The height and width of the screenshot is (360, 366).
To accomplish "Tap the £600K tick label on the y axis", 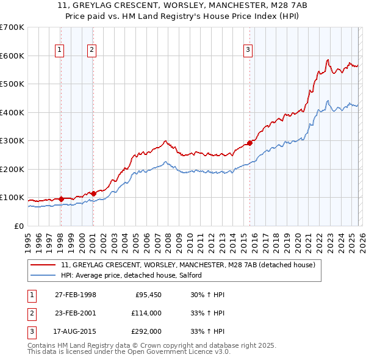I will (x=12, y=56).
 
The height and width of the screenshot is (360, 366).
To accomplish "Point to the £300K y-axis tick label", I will (x=12, y=140).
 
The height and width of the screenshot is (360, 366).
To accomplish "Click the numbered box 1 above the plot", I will (x=60, y=51).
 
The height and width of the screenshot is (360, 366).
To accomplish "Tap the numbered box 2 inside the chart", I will (x=92, y=51).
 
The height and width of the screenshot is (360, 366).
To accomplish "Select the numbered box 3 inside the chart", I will (x=249, y=51).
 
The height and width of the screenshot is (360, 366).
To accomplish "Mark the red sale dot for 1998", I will (x=62, y=198).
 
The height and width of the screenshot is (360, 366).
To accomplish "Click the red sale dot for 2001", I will (x=93, y=193).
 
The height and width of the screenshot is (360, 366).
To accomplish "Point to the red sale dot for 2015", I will (x=249, y=143).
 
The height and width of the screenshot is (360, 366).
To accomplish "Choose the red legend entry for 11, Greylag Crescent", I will (x=188, y=265).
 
